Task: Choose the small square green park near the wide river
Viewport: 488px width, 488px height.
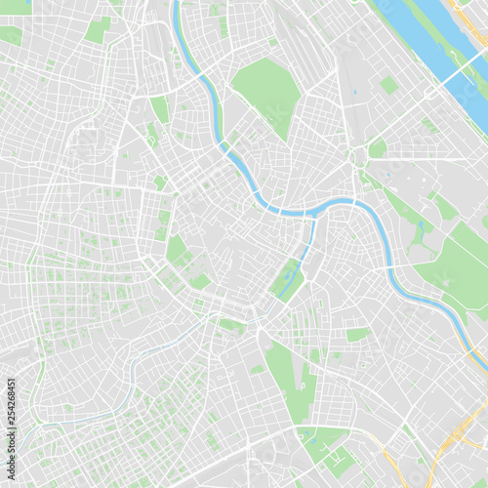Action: pos(388,86)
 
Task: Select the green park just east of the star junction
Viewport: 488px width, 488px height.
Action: pos(378,148)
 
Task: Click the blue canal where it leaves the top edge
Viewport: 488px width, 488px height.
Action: pos(177,5)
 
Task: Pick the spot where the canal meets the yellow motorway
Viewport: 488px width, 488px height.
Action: pos(469,333)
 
